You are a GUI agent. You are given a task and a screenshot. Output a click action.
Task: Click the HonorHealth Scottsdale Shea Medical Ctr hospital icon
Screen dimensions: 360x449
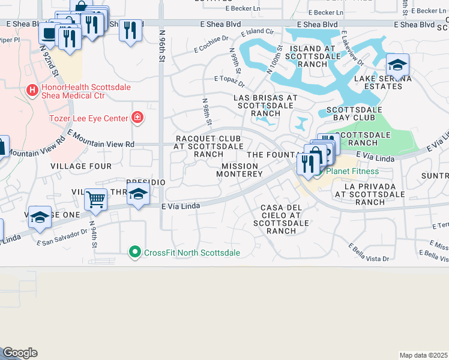pyautogui.click(x=32, y=90)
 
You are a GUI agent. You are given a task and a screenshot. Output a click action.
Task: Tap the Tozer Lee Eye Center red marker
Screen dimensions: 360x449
pyautogui.click(x=138, y=116)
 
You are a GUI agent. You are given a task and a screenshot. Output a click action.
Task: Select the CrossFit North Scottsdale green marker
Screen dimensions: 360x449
pyautogui.click(x=135, y=253)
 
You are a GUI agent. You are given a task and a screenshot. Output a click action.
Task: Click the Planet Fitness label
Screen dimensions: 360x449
pyautogui.click(x=353, y=171)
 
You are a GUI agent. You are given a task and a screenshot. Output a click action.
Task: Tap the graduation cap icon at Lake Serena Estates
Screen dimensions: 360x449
pyautogui.click(x=397, y=64)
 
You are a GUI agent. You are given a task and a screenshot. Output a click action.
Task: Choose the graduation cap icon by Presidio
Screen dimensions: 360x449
pyautogui.click(x=138, y=194)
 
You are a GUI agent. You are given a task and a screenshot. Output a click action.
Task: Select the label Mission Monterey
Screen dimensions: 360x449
pyautogui.click(x=242, y=170)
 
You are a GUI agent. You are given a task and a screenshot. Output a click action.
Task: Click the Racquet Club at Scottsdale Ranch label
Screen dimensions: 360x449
pyautogui.click(x=209, y=146)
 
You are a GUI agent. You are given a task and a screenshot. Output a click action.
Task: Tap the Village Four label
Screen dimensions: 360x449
pyautogui.click(x=81, y=166)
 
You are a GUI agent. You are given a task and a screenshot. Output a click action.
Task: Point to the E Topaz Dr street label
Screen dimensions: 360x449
pyautogui.click(x=228, y=79)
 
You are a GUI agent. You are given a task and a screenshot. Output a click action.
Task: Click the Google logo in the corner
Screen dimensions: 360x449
pyautogui.click(x=20, y=353)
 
